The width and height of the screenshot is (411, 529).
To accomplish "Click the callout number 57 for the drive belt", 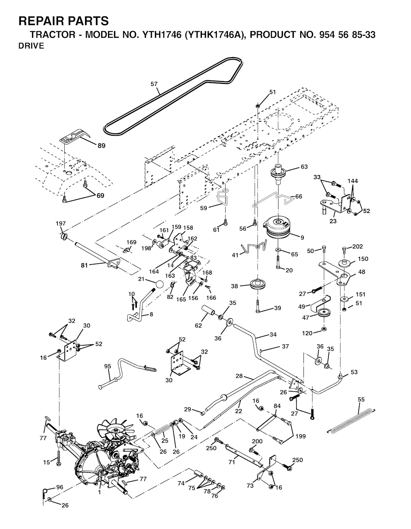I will point(154,84).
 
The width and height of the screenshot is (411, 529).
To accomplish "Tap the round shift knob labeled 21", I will point(160,284).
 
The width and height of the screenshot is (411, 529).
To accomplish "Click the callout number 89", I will point(102,146).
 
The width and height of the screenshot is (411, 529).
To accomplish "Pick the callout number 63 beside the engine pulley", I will point(304,167).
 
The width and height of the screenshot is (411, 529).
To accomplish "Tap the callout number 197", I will point(61,223).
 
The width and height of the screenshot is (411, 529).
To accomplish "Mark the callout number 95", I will point(108,366).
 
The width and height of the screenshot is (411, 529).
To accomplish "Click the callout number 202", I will point(358,246).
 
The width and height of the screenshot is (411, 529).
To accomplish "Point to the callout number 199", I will point(300,435).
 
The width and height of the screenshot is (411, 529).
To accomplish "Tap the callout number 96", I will point(59,487).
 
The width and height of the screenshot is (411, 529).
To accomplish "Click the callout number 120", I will point(307,333).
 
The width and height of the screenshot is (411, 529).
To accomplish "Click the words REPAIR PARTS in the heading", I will point(63,21).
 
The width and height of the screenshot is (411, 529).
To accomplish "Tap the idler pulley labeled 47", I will point(322,313).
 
